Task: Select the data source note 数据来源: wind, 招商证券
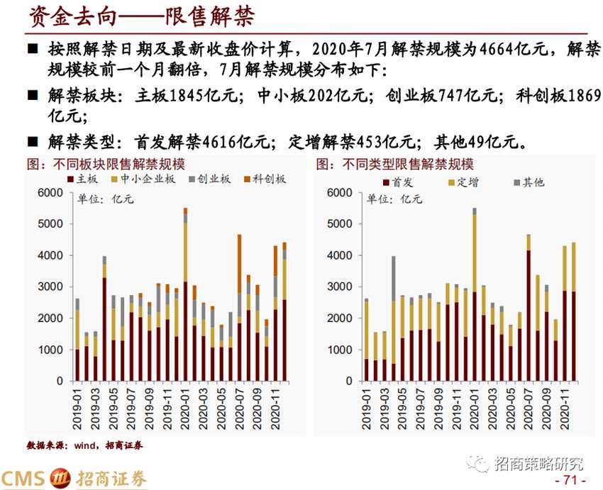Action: [x=84, y=445]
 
